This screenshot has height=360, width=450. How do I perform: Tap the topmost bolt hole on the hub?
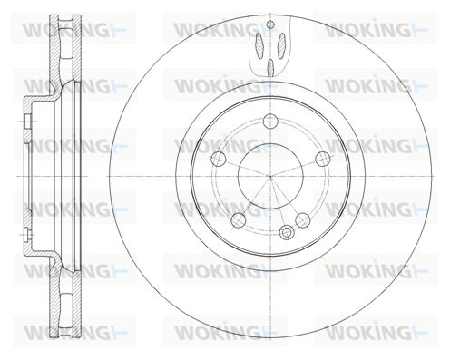[x=270, y=122]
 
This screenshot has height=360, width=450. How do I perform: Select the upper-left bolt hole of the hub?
[x=219, y=159]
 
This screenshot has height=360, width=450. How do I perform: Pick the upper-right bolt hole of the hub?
[x=322, y=159]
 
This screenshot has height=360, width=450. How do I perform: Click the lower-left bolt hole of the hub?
[x=239, y=220]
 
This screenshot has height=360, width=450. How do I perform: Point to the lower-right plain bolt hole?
[x=303, y=220]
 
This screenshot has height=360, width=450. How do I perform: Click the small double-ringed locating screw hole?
[x=287, y=232]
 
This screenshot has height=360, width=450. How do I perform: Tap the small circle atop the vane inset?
[x=271, y=24]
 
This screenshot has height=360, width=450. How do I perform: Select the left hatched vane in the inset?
[x=259, y=44]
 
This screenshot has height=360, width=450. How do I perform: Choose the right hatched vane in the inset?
[x=281, y=44]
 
